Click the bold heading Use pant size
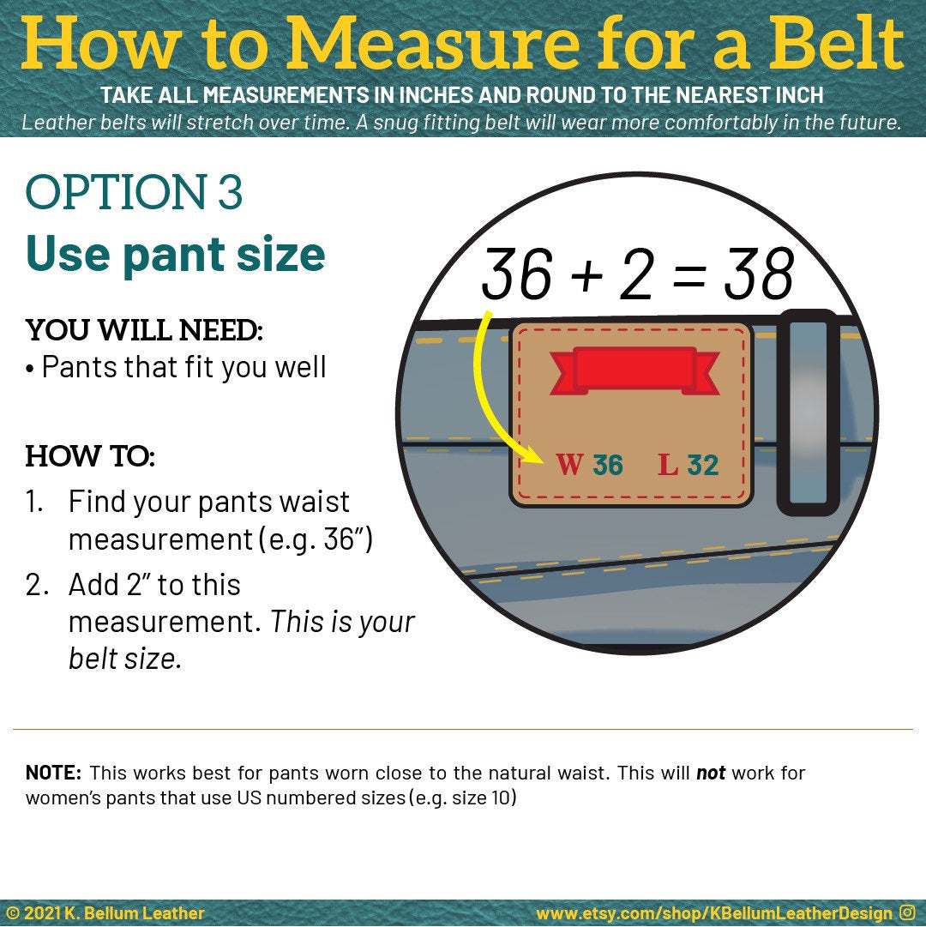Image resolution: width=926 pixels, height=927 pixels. (x=176, y=254)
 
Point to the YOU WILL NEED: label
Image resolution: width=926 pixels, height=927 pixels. (x=143, y=330)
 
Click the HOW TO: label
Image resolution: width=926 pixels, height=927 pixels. (x=90, y=456)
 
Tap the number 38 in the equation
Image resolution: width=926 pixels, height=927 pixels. (x=759, y=274)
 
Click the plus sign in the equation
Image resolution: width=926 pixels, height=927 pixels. (x=587, y=275)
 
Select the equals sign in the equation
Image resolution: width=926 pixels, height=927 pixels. (x=689, y=275)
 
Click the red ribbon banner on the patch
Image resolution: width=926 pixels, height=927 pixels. (x=634, y=370)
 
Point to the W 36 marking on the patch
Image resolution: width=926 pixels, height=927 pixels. (x=589, y=465)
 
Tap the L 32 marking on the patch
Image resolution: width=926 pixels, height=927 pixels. (x=688, y=465)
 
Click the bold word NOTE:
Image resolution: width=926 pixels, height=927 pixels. (x=53, y=773)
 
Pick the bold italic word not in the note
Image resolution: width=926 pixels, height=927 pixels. (x=711, y=773)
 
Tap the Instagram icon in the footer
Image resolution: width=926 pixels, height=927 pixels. (x=907, y=912)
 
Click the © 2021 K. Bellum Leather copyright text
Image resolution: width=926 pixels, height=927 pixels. (x=105, y=913)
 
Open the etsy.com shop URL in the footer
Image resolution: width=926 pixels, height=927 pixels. (x=714, y=913)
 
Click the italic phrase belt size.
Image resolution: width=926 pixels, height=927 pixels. (x=124, y=658)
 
